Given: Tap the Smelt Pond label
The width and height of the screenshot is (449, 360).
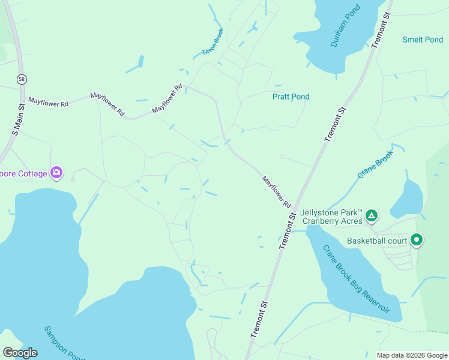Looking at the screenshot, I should (423, 40).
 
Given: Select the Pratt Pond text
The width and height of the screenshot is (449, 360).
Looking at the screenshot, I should (291, 97).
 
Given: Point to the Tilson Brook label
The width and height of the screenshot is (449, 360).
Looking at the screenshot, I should (213, 41).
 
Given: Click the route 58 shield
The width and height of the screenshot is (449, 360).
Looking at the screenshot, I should (22, 79).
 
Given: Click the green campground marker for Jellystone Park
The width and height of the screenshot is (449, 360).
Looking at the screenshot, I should (372, 215).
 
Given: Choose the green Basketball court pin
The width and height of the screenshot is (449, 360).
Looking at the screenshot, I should (416, 240).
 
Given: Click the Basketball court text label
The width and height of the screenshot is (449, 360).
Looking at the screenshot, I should (377, 241).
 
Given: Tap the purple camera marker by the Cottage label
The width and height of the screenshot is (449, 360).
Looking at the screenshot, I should (56, 173).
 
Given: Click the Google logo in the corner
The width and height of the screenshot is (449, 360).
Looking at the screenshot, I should (20, 353).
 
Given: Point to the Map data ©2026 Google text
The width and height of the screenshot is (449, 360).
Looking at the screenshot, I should (411, 355).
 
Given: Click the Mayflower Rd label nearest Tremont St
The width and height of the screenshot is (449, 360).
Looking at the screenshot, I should (276, 192).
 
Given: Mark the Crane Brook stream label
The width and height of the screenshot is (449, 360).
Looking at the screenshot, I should (375, 164).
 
